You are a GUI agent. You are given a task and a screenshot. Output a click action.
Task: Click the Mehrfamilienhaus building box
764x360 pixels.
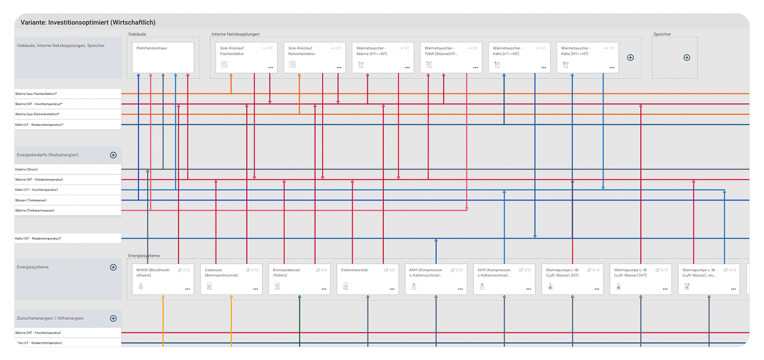coord(162,57)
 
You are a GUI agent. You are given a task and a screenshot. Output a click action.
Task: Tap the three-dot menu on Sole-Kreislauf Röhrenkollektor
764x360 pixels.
coord(339,68)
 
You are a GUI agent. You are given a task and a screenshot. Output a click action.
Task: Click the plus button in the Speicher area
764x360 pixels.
coord(687,58)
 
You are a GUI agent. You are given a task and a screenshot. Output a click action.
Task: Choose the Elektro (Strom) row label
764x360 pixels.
coord(67,169)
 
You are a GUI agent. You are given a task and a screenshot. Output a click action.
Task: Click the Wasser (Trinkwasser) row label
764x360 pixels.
coord(67,200)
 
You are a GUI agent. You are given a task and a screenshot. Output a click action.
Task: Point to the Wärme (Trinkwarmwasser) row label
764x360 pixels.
coord(67,210)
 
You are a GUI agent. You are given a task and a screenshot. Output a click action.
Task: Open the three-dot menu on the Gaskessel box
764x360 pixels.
coord(256,289)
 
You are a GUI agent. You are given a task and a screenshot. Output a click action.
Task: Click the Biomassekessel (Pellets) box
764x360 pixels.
coord(299,279)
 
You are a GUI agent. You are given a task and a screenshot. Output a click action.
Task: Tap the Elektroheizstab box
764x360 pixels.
coord(368,279)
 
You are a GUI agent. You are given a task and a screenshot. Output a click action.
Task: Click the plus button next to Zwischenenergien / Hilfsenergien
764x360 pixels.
coord(113,318)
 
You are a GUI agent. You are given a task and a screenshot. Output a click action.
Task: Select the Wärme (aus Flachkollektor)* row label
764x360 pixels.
coord(67,94)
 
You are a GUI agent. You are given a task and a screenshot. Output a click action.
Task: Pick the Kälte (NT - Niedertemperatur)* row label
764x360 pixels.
coord(67,239)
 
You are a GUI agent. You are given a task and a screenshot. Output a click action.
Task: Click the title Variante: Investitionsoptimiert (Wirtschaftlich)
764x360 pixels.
coord(88,23)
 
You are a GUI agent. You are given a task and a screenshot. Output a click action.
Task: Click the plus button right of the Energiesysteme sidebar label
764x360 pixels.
coord(113,268)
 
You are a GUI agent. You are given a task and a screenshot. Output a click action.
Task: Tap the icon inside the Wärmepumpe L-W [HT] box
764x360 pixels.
coord(619,286)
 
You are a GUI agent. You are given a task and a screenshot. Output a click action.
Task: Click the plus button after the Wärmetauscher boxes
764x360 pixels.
coord(630,58)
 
